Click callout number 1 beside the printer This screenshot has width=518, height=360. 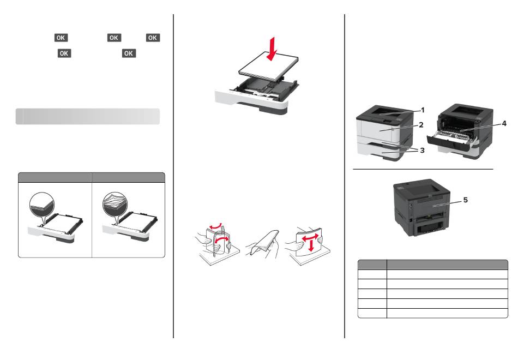423,110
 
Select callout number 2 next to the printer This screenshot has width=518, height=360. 421,124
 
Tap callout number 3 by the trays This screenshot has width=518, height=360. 422,151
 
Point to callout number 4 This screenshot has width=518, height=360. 504,123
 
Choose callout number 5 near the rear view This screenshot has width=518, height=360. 466,200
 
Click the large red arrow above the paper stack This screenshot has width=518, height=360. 272,49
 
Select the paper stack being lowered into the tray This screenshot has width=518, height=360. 268,67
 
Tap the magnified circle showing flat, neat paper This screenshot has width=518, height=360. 41,205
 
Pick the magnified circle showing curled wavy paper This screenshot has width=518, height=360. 115,205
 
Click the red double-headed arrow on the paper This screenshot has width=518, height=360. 311,238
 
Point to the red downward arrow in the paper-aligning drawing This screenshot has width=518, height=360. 311,246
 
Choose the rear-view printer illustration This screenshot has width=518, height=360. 422,207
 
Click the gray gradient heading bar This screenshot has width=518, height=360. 88,116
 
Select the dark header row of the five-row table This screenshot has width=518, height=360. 433,265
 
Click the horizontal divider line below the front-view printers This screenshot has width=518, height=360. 423,169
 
